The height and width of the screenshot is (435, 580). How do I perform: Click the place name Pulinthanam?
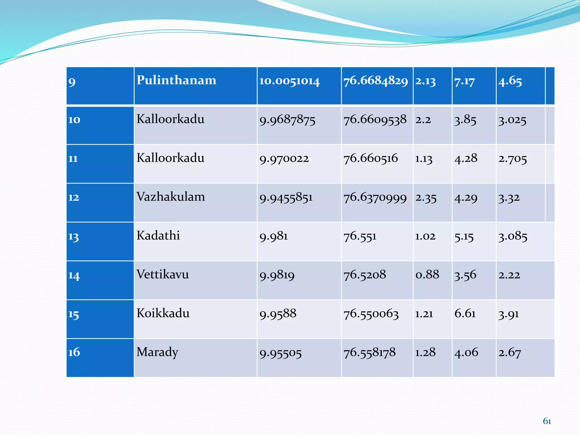176,80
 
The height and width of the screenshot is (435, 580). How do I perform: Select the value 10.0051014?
289,81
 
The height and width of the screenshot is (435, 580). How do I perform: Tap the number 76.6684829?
376,81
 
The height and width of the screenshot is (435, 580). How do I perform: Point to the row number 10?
74,120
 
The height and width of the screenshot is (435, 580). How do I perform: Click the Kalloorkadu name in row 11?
170,158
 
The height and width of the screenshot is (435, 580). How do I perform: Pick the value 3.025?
512,120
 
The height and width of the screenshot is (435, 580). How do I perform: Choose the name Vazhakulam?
170,197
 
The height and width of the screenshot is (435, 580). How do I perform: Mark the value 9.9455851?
286,198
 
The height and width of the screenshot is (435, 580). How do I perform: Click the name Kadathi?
158,236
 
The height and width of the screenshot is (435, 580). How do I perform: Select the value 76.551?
360,236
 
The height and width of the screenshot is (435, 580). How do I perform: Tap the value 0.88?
427,275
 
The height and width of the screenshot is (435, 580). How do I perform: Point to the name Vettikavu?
163,274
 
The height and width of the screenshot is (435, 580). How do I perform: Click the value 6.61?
465,314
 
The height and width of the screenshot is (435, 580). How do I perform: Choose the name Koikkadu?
163,313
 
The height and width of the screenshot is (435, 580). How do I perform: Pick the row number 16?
74,352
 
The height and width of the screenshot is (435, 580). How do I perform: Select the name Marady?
157,352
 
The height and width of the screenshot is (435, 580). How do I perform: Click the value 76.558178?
370,353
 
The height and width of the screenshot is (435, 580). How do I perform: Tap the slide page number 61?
547,421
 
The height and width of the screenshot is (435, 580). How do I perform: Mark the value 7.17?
464,82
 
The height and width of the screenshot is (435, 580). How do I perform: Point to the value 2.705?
513,159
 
